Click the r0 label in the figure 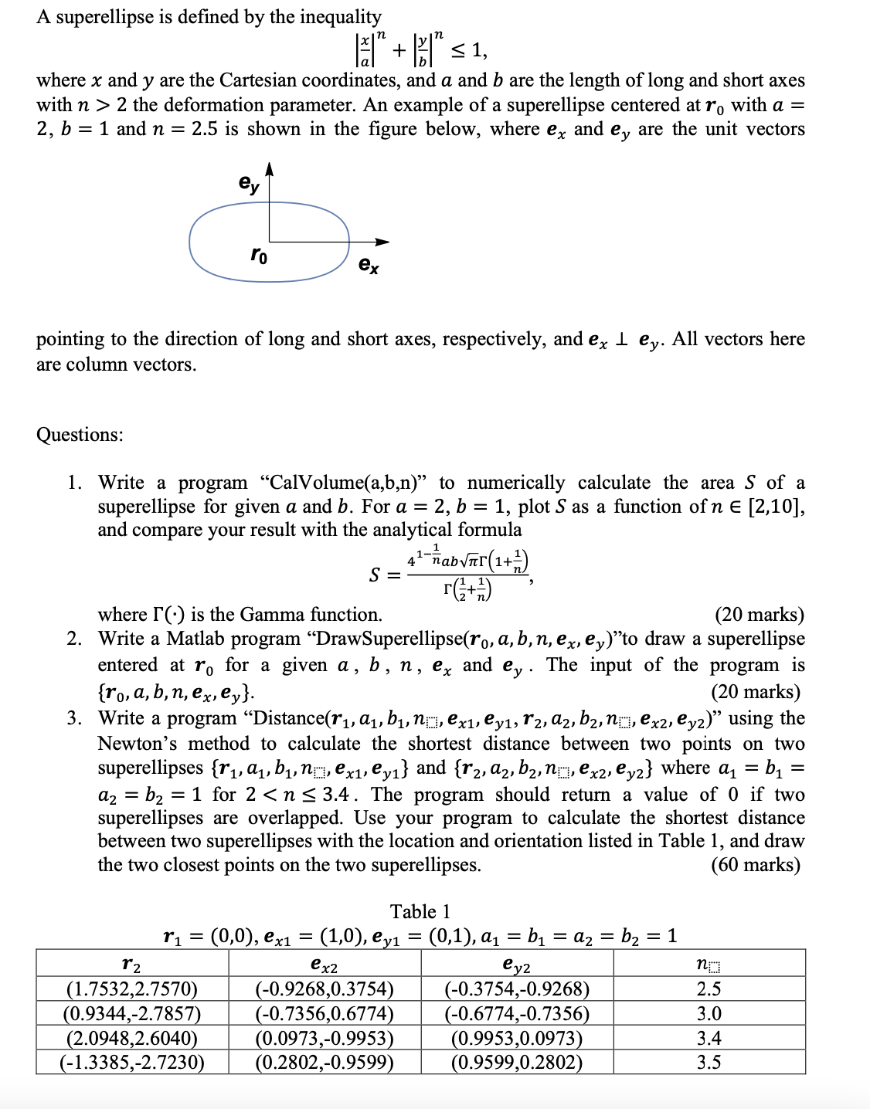click(x=260, y=255)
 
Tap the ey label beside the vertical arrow click(x=250, y=184)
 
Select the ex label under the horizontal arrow click(x=369, y=266)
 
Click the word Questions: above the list click(x=80, y=435)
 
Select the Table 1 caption click(x=420, y=912)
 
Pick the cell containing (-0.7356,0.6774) click(x=325, y=1014)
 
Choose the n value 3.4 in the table click(x=709, y=1038)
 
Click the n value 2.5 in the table click(x=709, y=989)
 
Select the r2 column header click(x=132, y=964)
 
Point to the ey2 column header click(x=517, y=965)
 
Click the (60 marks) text click(x=755, y=865)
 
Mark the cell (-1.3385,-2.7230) click(x=132, y=1063)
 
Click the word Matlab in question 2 click(x=194, y=639)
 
